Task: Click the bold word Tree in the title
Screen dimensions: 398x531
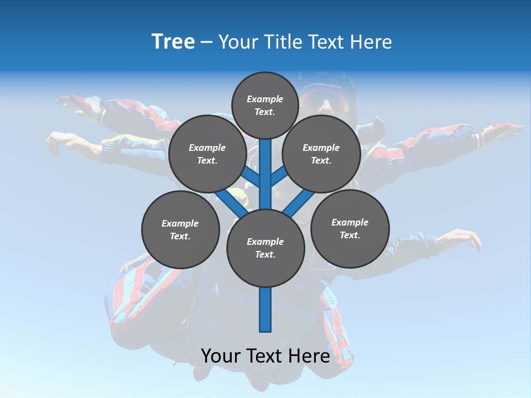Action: pyautogui.click(x=173, y=42)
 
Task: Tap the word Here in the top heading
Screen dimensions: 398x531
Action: pyautogui.click(x=370, y=42)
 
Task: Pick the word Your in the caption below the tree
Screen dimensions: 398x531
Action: pyautogui.click(x=222, y=356)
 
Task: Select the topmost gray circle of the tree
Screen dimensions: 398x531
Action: pyautogui.click(x=265, y=105)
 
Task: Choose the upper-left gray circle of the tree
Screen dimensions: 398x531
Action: pyautogui.click(x=207, y=154)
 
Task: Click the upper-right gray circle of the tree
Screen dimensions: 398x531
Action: pyautogui.click(x=321, y=154)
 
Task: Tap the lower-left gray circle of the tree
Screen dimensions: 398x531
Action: pyautogui.click(x=180, y=229)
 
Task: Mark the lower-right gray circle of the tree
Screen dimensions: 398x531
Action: pyautogui.click(x=350, y=228)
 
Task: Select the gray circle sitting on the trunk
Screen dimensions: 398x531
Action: pyautogui.click(x=265, y=248)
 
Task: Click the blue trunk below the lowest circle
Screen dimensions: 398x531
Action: pyautogui.click(x=265, y=310)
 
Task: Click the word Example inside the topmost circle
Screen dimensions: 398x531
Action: pyautogui.click(x=265, y=99)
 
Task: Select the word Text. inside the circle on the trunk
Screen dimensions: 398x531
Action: pyautogui.click(x=265, y=255)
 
